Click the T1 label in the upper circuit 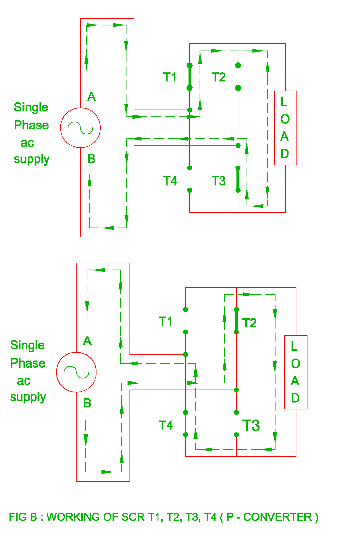coord(170,77)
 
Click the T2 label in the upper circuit coord(218,77)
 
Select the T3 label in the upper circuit coord(218,181)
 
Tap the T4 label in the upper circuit coord(170,181)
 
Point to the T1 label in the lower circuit coord(166,322)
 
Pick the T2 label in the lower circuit coord(249,323)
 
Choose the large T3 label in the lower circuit coord(251,425)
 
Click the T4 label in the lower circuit coord(166,425)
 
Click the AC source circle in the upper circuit coord(80,128)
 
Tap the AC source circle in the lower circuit coord(76,372)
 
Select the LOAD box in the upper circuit coord(285,128)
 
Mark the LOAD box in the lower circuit coord(296,372)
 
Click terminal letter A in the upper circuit coord(91,97)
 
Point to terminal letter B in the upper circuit coord(91,159)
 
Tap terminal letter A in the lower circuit coord(87,341)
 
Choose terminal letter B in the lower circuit coord(87,403)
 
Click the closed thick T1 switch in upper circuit coord(190,77)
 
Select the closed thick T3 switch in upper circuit coord(238,179)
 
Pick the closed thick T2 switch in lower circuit coord(236,321)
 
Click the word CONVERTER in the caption coord(278,517)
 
